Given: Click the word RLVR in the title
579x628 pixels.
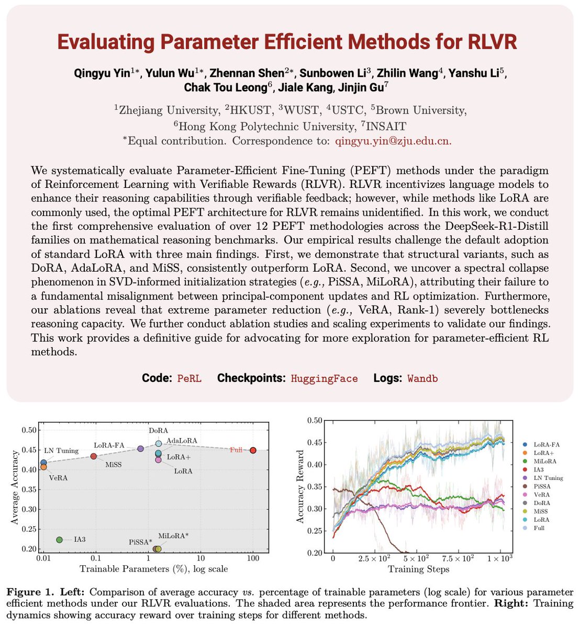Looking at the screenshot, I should pyautogui.click(x=487, y=41).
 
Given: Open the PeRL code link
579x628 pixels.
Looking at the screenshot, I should pyautogui.click(x=189, y=378).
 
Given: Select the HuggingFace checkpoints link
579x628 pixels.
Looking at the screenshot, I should pyautogui.click(x=324, y=378).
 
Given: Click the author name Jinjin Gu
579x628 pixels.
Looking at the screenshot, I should pyautogui.click(x=374, y=87).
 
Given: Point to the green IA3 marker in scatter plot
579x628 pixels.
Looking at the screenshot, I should pyautogui.click(x=59, y=540).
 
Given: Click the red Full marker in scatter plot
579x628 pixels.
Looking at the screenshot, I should pyautogui.click(x=253, y=450).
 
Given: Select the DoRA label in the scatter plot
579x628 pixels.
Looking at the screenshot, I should pyautogui.click(x=159, y=430).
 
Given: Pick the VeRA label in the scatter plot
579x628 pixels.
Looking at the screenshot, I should pyautogui.click(x=59, y=478).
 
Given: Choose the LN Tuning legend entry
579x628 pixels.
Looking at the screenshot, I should pyautogui.click(x=548, y=478).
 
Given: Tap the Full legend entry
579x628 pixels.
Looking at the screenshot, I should pyautogui.click(x=539, y=528).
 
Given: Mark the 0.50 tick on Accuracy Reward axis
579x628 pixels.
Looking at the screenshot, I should pyautogui.click(x=315, y=420).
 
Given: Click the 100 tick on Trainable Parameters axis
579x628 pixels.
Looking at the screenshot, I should pyautogui.click(x=253, y=559).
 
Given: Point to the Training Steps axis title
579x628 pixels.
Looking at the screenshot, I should pyautogui.click(x=419, y=569).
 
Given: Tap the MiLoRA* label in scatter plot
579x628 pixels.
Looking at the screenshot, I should pyautogui.click(x=173, y=536).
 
